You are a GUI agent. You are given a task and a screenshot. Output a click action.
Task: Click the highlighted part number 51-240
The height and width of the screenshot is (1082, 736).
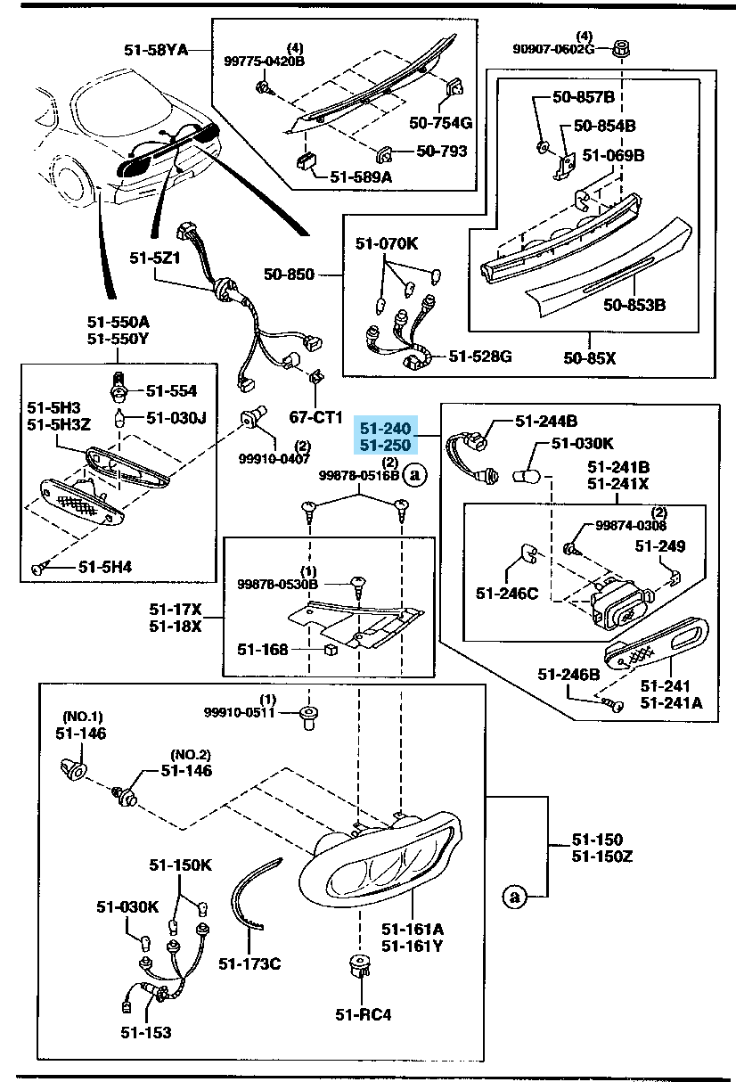pos(384,428)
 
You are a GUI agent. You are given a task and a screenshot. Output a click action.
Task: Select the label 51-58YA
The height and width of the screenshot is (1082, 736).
pos(156,51)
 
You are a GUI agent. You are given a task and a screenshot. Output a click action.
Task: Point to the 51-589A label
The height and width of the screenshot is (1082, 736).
pos(361,176)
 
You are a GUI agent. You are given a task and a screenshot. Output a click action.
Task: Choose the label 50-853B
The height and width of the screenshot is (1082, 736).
pos(634,306)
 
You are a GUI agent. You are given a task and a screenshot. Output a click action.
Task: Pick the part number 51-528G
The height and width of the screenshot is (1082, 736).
pos(480,357)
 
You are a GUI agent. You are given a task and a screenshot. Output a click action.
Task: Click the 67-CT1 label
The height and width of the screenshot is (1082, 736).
pos(316,416)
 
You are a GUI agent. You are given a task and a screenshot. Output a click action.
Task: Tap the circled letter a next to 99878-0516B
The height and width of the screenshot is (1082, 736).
pos(415,475)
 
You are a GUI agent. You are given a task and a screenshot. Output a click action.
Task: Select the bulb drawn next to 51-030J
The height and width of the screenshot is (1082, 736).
pos(118,416)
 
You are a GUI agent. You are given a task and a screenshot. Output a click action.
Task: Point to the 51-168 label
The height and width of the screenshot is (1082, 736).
pos(263,650)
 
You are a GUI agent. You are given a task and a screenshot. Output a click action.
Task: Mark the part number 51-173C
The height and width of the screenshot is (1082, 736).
pos(249,963)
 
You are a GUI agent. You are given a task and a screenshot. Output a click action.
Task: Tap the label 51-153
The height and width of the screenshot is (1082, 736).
pos(146,1032)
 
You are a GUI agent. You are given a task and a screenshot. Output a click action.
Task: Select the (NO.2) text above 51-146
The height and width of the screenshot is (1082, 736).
pos(190,756)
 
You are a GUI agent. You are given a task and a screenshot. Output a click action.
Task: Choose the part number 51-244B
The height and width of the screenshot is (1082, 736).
pos(546,421)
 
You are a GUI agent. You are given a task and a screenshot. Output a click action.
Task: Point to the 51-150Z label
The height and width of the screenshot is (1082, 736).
pos(601,856)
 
